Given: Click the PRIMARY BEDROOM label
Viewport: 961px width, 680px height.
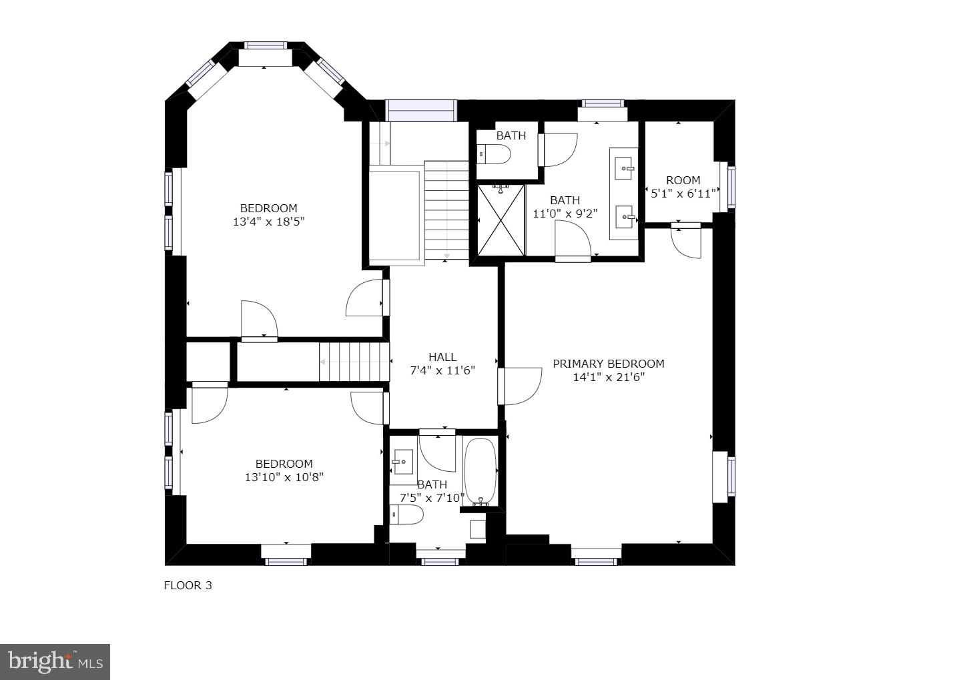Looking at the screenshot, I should pyautogui.click(x=608, y=364).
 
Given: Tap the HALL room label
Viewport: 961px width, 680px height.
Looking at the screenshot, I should pyautogui.click(x=442, y=357).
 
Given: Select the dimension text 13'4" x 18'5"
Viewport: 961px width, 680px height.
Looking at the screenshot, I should pyautogui.click(x=268, y=222).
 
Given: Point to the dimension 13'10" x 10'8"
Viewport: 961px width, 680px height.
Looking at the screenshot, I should pyautogui.click(x=284, y=477).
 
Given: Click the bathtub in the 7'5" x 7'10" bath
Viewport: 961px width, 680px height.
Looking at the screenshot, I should pyautogui.click(x=480, y=471).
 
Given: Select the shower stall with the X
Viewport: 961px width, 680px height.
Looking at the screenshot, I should pyautogui.click(x=501, y=220).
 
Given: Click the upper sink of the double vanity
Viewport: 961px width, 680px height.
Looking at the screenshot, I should pyautogui.click(x=625, y=166).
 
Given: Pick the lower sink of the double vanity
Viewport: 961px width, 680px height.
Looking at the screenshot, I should pyautogui.click(x=625, y=216).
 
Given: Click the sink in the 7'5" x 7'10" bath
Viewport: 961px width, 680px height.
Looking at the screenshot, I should pyautogui.click(x=402, y=461).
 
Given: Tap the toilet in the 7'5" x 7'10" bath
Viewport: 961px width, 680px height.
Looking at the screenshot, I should pyautogui.click(x=407, y=514).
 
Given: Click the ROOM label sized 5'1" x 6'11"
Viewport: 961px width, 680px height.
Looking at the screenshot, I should pyautogui.click(x=683, y=180).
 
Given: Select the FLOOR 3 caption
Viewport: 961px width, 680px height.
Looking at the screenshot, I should pyautogui.click(x=188, y=585).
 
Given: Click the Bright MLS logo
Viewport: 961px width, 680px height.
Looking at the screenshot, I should pyautogui.click(x=55, y=661).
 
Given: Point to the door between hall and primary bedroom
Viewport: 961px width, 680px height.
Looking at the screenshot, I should pyautogui.click(x=521, y=386).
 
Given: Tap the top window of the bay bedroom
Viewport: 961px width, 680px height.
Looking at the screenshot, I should pyautogui.click(x=266, y=45).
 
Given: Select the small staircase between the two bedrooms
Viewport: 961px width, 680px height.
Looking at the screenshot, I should pyautogui.click(x=353, y=362).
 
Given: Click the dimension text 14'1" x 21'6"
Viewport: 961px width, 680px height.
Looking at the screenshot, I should pyautogui.click(x=609, y=377).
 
